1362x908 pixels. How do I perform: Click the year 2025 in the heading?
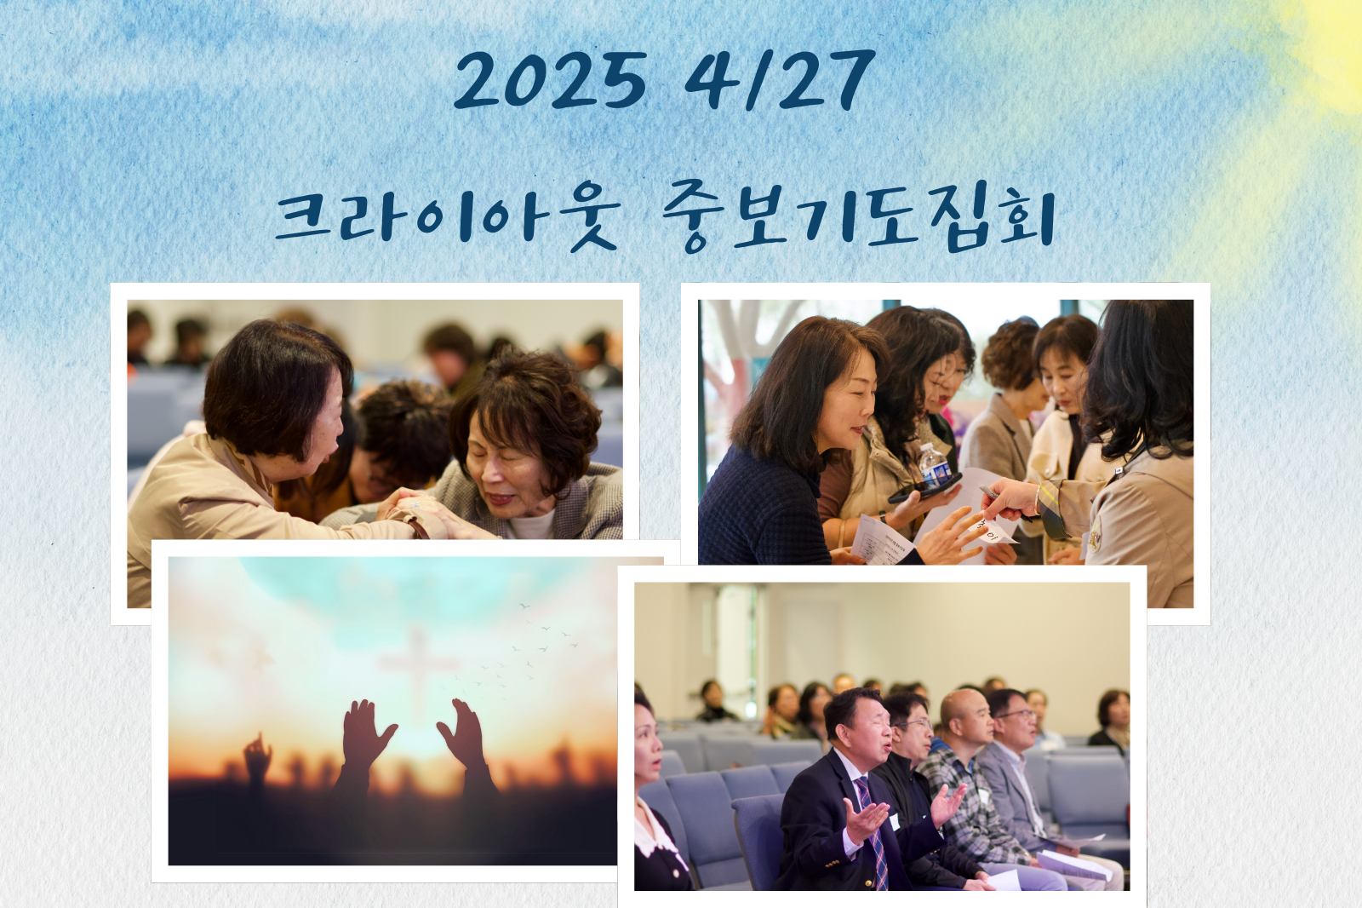click(x=550, y=81)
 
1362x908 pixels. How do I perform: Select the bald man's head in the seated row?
click(x=964, y=717)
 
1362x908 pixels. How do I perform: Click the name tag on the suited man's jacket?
click(x=894, y=822)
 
